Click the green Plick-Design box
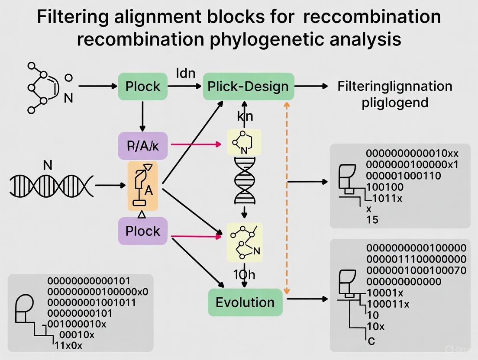pos(248,86)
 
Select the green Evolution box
pos(245,302)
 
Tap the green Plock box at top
pos(142,86)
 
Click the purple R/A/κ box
pos(142,145)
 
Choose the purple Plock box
pos(142,231)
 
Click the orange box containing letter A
pos(142,186)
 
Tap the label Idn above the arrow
pos(186,72)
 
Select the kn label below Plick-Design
pos(245,116)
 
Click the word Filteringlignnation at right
pos(394,86)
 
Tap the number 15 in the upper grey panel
pos(372,220)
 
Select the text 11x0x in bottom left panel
pos(68,345)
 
